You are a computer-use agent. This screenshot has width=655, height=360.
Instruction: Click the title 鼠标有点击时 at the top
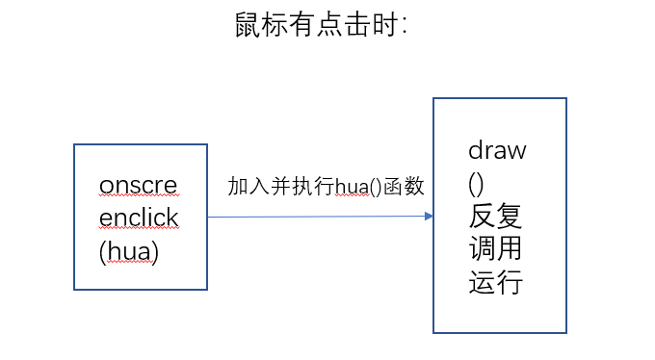pos(322,25)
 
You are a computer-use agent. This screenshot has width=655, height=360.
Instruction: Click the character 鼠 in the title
pos(249,25)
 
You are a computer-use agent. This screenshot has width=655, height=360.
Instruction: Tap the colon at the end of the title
pos(406,27)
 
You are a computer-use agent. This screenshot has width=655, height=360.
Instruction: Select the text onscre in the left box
pos(139,184)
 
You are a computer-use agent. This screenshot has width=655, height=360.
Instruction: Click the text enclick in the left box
pos(139,218)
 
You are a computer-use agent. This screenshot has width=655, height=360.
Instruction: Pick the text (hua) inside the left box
pos(128,251)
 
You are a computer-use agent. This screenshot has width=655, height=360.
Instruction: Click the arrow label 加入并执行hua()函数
pos(326,187)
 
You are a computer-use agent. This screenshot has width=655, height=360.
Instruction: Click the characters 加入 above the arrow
pos(249,187)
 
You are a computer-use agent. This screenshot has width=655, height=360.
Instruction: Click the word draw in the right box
pos(497,150)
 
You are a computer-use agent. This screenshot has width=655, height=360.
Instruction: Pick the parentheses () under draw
pos(477,183)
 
